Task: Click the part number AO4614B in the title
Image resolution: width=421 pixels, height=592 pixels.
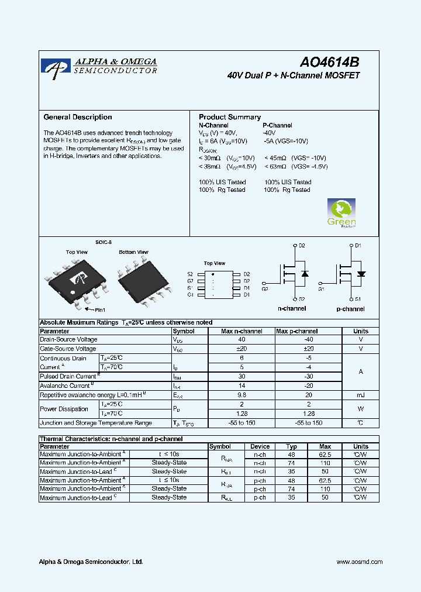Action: (x=330, y=63)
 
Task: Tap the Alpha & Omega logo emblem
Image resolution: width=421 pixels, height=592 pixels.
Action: (x=56, y=68)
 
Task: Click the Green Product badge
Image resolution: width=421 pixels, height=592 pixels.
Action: (x=341, y=214)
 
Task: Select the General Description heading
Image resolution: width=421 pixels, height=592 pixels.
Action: (x=78, y=117)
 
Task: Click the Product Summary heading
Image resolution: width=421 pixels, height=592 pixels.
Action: (x=230, y=117)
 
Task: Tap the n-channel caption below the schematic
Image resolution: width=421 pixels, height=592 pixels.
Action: (x=291, y=308)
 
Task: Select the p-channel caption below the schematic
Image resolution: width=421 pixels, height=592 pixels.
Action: (x=351, y=309)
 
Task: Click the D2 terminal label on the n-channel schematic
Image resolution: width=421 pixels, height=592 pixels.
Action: (x=302, y=246)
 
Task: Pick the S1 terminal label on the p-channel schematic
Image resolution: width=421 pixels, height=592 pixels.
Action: (x=358, y=299)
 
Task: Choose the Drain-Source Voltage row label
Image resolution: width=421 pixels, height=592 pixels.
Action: (x=68, y=339)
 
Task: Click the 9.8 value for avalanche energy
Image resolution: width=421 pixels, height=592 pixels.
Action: (x=241, y=395)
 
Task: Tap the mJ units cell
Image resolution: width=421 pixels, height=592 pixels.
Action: (x=361, y=395)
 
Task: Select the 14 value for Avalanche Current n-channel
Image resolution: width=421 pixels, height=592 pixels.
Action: (x=241, y=386)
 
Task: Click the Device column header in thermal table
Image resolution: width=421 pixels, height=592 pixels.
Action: (x=260, y=446)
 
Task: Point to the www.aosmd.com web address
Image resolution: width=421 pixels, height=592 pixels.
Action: (x=360, y=562)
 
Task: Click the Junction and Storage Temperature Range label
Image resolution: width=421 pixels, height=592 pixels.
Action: (x=95, y=422)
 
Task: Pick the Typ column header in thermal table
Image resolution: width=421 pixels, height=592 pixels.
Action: (x=291, y=446)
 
